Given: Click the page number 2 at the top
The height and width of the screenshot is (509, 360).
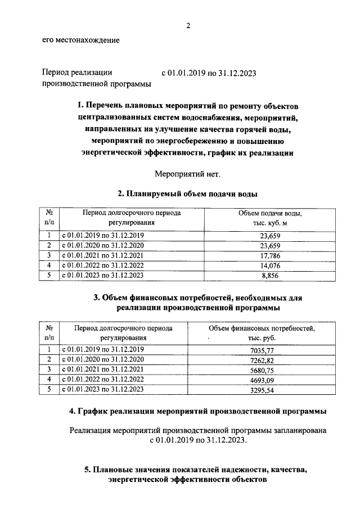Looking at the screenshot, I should click(x=189, y=25).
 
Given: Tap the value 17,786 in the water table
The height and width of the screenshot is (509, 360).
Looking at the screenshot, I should click(x=269, y=255).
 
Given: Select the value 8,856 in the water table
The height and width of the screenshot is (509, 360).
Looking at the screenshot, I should click(x=269, y=276).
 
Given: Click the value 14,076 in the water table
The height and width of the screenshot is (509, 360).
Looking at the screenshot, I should click(x=269, y=265).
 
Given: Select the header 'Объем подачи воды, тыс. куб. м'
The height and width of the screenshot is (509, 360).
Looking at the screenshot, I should click(x=269, y=218).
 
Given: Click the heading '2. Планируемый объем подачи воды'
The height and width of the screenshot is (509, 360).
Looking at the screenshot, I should click(x=188, y=194).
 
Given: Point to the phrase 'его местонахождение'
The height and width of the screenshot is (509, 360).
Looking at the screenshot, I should click(x=80, y=40).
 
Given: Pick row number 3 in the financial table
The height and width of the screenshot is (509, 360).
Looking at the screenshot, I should click(x=49, y=370).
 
